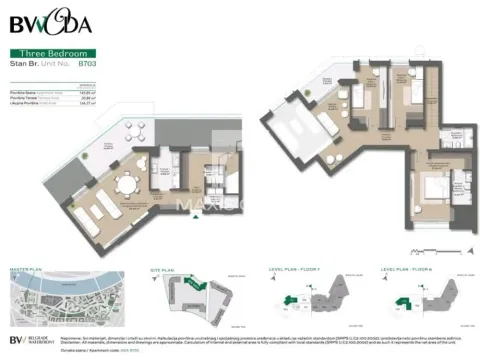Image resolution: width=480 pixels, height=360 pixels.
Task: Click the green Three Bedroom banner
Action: pyautogui.click(x=53, y=52)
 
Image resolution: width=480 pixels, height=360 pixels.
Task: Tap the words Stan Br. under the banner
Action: pyautogui.click(x=23, y=62)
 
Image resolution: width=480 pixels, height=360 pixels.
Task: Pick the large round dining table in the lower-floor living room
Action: pyautogui.click(x=128, y=186)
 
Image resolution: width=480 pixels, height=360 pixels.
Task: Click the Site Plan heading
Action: pyautogui.click(x=165, y=269)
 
